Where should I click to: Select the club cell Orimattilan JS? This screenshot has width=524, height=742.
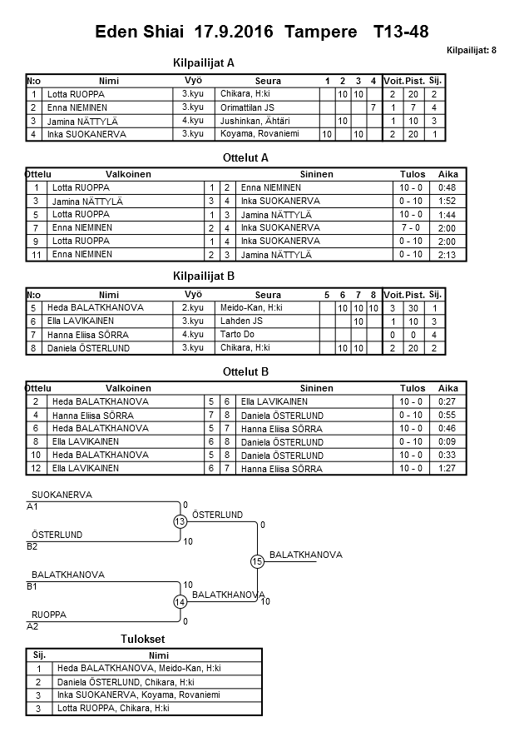click(x=248, y=107)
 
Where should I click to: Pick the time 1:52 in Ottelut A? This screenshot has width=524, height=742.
click(x=447, y=201)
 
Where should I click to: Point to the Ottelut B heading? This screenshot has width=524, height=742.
click(x=245, y=371)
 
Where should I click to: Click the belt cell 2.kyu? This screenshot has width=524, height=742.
click(x=192, y=307)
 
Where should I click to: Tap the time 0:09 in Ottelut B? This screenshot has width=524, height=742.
click(x=447, y=441)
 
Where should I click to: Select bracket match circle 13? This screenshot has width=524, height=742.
click(x=180, y=522)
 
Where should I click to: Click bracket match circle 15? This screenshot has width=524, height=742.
click(x=257, y=562)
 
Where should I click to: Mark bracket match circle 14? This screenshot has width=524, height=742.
click(x=180, y=601)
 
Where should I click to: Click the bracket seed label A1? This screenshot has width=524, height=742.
click(x=32, y=506)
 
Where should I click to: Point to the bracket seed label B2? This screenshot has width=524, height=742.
click(x=32, y=546)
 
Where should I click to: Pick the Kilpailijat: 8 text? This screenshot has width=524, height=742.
click(x=471, y=51)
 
